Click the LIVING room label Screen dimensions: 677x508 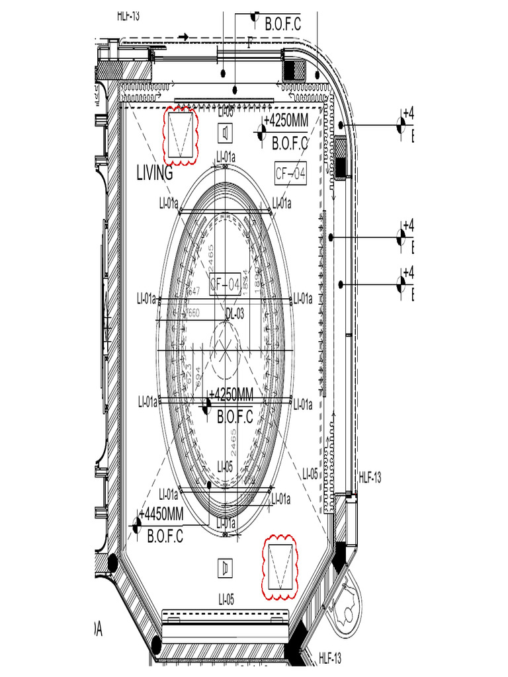pyautogui.click(x=154, y=173)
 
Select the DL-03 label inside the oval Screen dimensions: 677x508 pyautogui.click(x=235, y=313)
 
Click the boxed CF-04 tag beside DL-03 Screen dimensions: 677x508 pyautogui.click(x=225, y=285)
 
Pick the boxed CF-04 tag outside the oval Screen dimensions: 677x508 pyautogui.click(x=291, y=173)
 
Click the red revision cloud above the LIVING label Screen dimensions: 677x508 pyautogui.click(x=181, y=135)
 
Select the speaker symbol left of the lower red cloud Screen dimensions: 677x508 pyautogui.click(x=226, y=567)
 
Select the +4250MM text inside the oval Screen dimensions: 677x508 pyautogui.click(x=231, y=395)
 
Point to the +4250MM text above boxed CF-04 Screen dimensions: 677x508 pyautogui.click(x=286, y=120)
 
